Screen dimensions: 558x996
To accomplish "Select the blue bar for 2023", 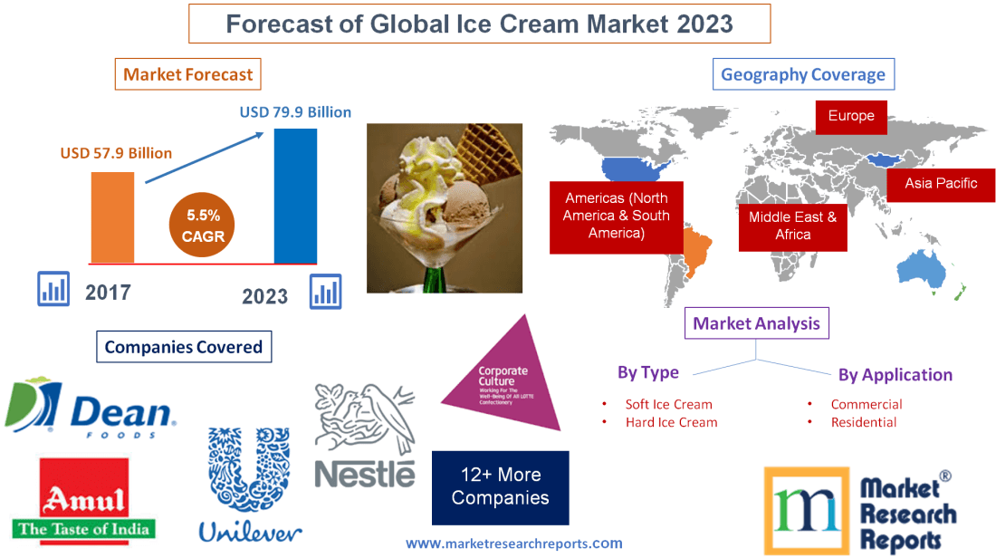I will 295,195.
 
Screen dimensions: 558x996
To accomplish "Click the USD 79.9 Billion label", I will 295,113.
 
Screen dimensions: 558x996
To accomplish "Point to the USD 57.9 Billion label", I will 116,153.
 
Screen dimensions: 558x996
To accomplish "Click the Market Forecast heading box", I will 188,74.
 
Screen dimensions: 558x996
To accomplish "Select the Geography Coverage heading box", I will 803,74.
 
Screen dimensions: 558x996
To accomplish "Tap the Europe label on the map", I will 850,116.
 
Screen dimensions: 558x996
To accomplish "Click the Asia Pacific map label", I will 941,183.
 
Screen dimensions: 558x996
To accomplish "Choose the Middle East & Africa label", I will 792,226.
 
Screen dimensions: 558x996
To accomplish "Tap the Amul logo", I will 84,500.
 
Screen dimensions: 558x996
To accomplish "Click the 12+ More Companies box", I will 500,487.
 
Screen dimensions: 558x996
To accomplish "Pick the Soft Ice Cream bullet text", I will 668,404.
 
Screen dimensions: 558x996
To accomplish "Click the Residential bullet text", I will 863,422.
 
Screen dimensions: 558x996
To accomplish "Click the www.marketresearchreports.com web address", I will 513,544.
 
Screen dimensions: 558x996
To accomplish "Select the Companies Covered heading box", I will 183,347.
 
